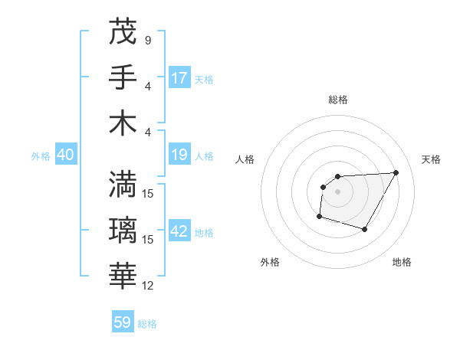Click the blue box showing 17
click(179, 78)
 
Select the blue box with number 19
click(179, 155)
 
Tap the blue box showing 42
click(179, 232)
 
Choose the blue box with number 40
click(65, 155)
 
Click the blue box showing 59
click(123, 322)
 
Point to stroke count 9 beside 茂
click(147, 40)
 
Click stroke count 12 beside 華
click(148, 286)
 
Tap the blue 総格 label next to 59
click(147, 324)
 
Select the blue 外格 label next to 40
click(41, 156)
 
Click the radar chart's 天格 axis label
click(431, 159)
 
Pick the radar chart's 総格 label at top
click(337, 100)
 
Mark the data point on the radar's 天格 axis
click(396, 172)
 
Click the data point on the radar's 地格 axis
click(365, 229)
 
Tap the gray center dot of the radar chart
click(337, 191)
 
